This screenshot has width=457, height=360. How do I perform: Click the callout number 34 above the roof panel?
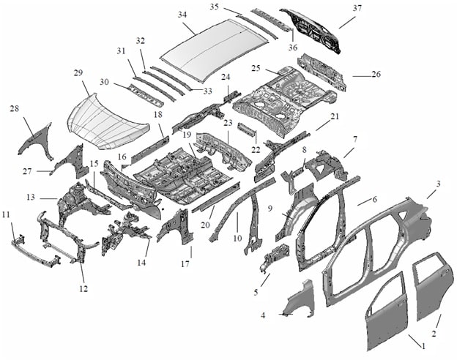(182, 15)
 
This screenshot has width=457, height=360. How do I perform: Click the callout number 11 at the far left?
(7, 214)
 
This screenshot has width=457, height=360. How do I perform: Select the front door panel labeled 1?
(388, 307)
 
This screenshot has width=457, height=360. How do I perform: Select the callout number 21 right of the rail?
(335, 117)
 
